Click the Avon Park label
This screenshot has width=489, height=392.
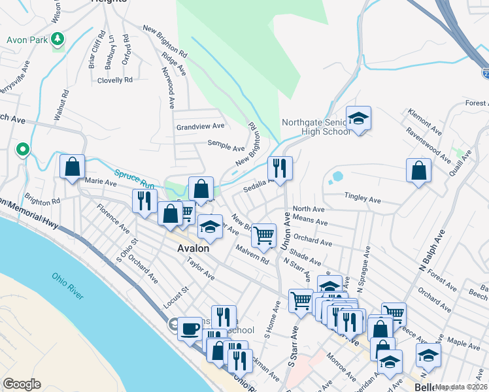click(27, 40)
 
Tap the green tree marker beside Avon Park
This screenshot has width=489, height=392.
click(58, 40)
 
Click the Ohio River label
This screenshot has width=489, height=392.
click(68, 286)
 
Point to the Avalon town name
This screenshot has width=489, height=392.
click(193, 248)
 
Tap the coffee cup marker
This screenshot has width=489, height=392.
click(190, 327)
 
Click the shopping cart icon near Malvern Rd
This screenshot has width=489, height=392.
click(263, 235)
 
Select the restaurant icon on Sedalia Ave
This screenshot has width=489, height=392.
click(280, 168)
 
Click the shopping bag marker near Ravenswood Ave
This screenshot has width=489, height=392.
click(418, 171)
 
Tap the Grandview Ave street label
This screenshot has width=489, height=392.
click(200, 126)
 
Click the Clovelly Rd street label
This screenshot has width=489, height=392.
click(115, 80)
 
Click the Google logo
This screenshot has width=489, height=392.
click(22, 384)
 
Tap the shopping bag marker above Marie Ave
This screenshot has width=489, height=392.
click(72, 167)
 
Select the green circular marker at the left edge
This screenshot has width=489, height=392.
click(23, 150)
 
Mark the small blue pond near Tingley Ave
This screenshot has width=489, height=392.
click(337, 176)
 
